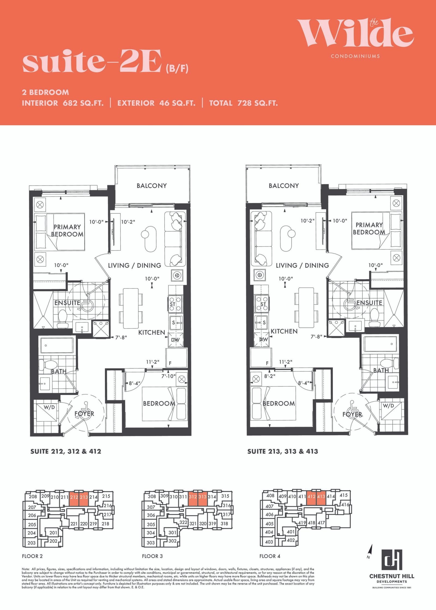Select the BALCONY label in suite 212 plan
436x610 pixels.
coord(152,186)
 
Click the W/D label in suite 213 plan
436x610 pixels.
coord(388,406)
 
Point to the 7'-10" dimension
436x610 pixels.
coord(168,376)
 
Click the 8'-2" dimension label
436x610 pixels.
coord(270,376)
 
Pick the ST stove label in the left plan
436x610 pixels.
coord(172,304)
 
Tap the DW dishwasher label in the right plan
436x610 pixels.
coord(264,339)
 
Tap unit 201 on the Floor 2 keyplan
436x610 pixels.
coord(53,533)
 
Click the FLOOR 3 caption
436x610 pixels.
coord(152,556)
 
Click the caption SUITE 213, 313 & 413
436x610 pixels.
coord(283,451)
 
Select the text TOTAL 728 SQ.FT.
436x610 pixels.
coord(244,103)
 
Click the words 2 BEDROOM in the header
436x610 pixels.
coord(46,92)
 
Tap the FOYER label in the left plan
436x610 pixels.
coord(84,414)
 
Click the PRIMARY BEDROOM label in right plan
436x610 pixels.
coord(369,229)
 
